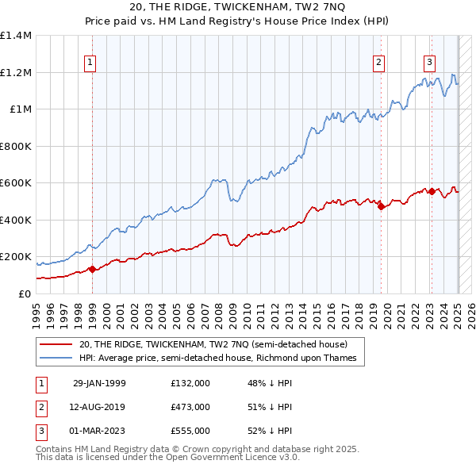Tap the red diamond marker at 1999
pyautogui.click(x=92, y=269)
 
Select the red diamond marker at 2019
pyautogui.click(x=381, y=207)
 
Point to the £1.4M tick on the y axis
pyautogui.click(x=16, y=36)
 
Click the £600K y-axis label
pyautogui.click(x=16, y=183)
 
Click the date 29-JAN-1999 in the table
pyautogui.click(x=99, y=383)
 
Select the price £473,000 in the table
pyautogui.click(x=190, y=407)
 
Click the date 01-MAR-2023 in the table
pyautogui.click(x=99, y=431)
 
